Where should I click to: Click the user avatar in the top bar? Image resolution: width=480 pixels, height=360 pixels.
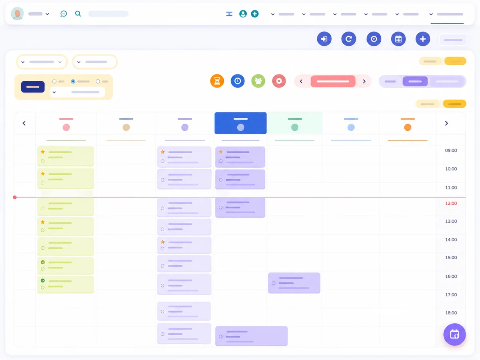17,14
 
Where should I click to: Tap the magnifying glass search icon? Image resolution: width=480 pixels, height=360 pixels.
78,14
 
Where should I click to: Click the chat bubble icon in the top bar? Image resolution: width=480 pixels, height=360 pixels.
64,14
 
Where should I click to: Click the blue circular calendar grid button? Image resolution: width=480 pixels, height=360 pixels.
398,39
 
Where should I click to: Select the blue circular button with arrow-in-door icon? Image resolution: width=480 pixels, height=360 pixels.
324,39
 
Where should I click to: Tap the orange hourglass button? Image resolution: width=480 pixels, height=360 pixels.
217,81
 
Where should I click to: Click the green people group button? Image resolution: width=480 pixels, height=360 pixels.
258,81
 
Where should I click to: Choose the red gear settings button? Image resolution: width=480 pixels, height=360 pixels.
279,81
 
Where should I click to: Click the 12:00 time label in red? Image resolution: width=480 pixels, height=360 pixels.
451,203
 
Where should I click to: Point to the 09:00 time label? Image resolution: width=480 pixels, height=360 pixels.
451,150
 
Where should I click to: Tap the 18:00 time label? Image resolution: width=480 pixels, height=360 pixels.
451,313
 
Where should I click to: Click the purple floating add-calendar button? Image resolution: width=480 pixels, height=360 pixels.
454,334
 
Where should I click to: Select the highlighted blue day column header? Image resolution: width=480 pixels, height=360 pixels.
240,123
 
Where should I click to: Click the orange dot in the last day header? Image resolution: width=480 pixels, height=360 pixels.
408,127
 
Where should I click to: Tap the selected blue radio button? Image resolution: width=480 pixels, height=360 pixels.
73,81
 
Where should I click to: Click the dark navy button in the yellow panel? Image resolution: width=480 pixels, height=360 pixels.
33,87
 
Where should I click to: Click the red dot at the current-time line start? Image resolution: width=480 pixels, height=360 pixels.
15,197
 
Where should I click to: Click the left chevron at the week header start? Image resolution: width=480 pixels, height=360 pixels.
24,123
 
